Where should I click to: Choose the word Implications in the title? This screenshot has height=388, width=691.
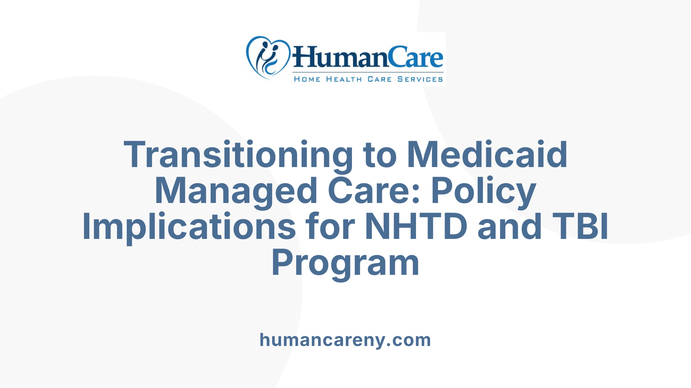tap(189, 227)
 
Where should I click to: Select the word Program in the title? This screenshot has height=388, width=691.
tap(345, 263)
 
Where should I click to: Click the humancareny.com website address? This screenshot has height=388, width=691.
tap(345, 340)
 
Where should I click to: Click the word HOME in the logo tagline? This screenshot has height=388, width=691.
tap(307, 79)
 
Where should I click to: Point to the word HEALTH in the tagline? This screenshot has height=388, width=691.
tap(344, 79)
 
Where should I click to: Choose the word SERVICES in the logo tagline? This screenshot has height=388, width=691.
tap(420, 79)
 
